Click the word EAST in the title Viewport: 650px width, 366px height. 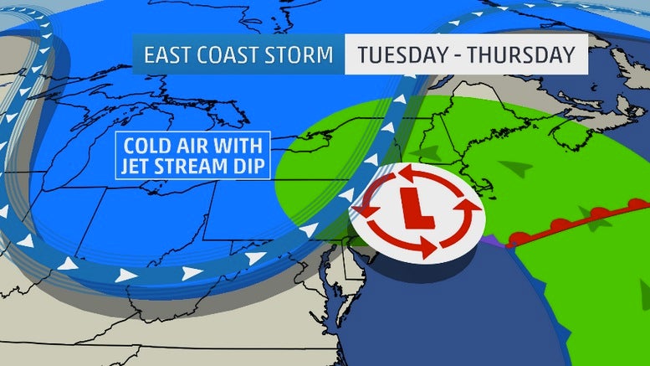(171, 55)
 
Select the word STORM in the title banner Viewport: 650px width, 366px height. (302, 55)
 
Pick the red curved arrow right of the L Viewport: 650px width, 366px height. (458, 216)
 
